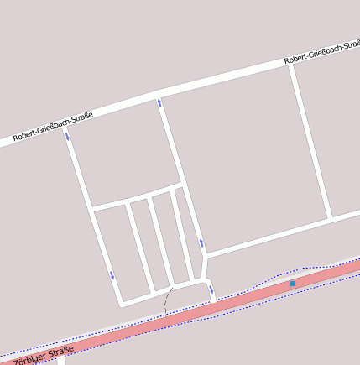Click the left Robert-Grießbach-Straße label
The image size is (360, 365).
[53, 125]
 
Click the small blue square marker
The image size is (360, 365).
[292, 284]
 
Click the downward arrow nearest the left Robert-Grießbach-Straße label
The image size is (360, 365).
[68, 134]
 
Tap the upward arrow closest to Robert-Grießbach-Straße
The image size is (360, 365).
[159, 103]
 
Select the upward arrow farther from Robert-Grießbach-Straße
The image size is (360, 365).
[201, 243]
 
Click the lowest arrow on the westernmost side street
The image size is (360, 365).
[112, 275]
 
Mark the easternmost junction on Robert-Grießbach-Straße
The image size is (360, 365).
[290, 65]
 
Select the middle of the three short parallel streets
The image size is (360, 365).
[162, 239]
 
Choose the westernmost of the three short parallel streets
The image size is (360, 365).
[138, 246]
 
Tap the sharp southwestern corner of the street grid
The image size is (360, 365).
[122, 302]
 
